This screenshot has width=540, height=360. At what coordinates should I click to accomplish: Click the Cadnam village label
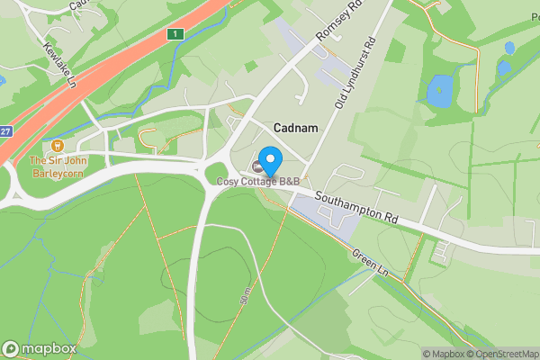290,129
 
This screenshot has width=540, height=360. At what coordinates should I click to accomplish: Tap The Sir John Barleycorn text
57,167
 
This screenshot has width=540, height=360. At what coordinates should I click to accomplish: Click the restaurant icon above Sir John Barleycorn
57,145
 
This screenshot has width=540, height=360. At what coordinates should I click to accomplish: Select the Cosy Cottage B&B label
257,182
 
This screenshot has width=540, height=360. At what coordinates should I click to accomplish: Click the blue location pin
270,158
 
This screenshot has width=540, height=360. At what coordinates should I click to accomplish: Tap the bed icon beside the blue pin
257,167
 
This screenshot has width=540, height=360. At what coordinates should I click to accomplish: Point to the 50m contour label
245,298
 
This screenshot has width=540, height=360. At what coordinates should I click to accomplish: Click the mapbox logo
39,348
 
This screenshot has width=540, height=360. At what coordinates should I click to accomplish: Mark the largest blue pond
440,88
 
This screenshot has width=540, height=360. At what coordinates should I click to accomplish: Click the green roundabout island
217,173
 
